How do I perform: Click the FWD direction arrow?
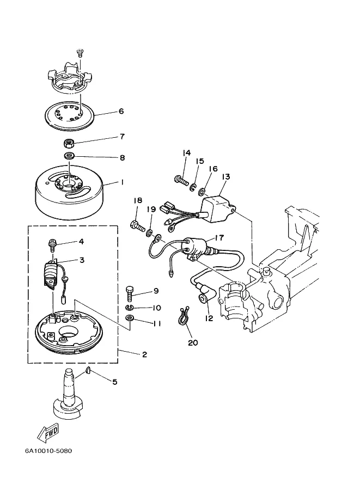[48, 432]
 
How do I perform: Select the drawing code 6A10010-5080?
[48, 450]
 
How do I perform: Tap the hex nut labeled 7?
[69, 143]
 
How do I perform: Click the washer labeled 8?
[69, 156]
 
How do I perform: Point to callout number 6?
[121, 111]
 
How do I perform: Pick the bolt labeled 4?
[51, 246]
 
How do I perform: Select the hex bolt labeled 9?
[130, 294]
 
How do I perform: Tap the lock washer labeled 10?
[129, 307]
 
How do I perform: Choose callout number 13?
[225, 177]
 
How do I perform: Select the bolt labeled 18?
[137, 225]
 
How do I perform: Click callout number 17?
[219, 237]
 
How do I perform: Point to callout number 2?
[144, 354]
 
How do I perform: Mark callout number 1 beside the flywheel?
[122, 182]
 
